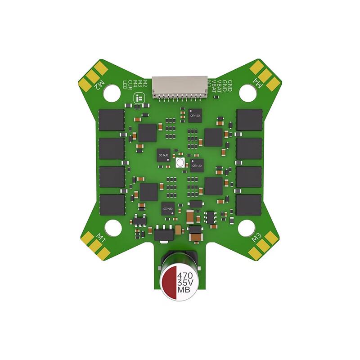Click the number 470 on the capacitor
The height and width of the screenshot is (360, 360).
tap(185, 275)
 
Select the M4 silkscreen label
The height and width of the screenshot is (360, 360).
tap(258, 84)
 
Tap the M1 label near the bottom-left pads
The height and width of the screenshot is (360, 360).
tap(101, 237)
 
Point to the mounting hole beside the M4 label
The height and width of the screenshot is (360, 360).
tap(246, 93)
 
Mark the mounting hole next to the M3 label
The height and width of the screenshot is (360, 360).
tap(246, 229)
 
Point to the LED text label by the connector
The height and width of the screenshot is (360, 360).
tap(126, 84)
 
